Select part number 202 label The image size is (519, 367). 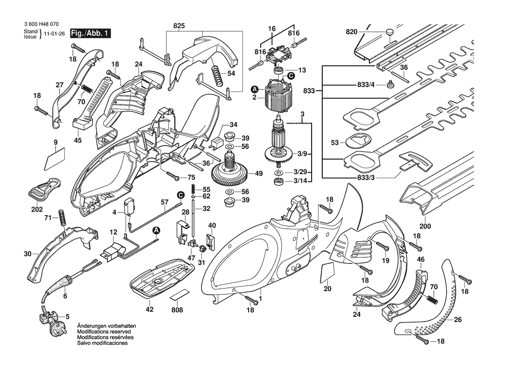pyautogui.click(x=37, y=209)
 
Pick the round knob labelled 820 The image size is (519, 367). pyautogui.click(x=389, y=32)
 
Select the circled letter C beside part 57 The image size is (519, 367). pyautogui.click(x=181, y=195)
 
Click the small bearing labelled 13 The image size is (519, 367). pyautogui.click(x=279, y=71)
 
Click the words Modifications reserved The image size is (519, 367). pyautogui.click(x=104, y=332)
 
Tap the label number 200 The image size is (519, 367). pyautogui.click(x=425, y=226)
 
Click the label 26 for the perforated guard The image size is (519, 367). pyautogui.click(x=458, y=319)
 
